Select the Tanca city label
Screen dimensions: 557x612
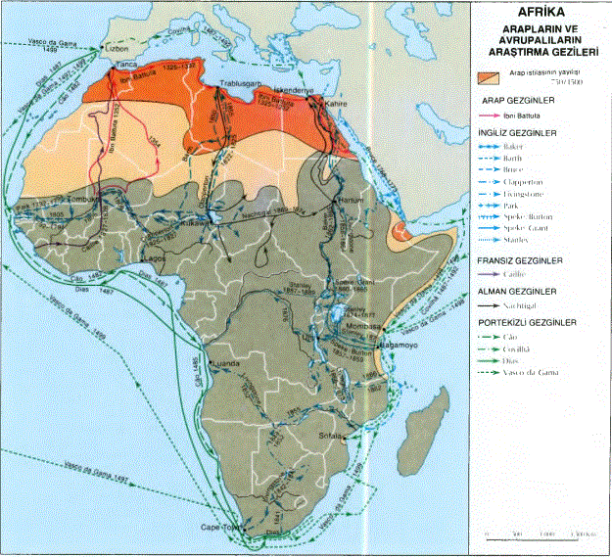[x=126, y=66]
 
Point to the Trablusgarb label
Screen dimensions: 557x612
[x=243, y=85]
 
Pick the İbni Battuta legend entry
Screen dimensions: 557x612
[x=523, y=115]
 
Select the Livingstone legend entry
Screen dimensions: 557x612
[x=528, y=195]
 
